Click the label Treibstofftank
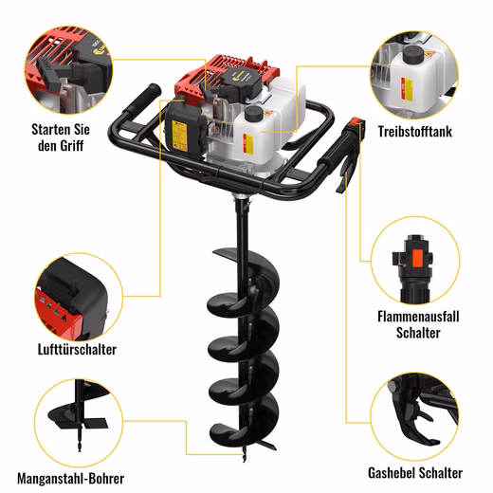415,132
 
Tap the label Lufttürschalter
77,350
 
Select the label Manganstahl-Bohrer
71,479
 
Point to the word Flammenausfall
418,317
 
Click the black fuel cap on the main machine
254,113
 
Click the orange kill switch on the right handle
355,121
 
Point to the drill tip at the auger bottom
244,457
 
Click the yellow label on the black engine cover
179,136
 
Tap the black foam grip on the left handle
142,99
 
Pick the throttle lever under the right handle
344,177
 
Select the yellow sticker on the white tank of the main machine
248,144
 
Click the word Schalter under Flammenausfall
418,333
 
